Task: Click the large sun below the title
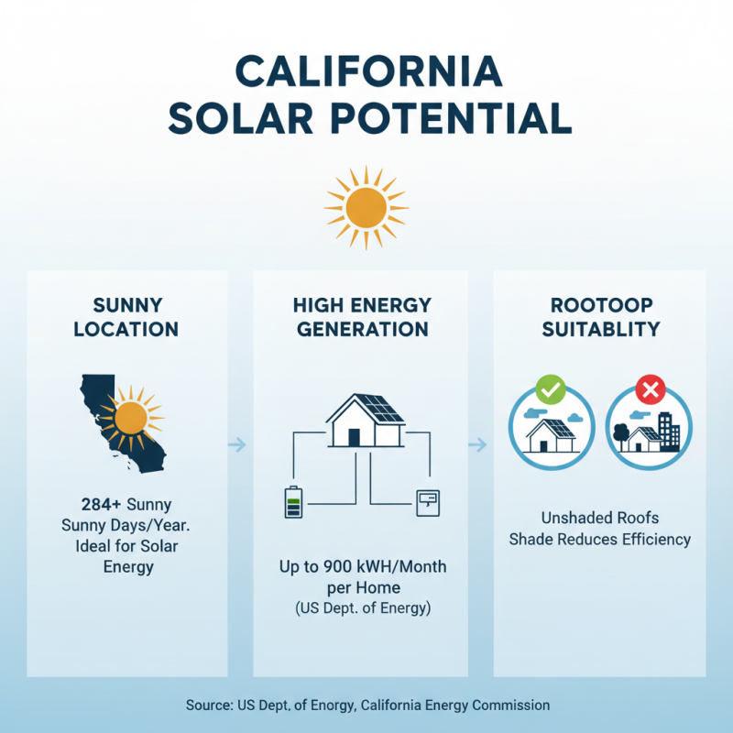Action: [x=366, y=207]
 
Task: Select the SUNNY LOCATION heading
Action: [x=126, y=316]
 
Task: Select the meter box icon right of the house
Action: [x=428, y=502]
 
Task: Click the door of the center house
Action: [x=353, y=436]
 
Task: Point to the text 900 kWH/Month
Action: [x=385, y=567]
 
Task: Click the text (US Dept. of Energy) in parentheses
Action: [x=362, y=607]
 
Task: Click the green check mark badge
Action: [x=550, y=390]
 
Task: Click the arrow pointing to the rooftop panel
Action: [x=476, y=445]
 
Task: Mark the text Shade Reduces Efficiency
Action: [x=599, y=539]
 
